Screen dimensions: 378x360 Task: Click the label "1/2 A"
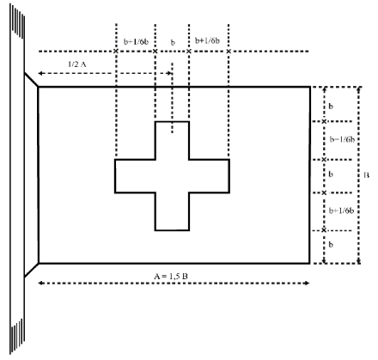pos(77,64)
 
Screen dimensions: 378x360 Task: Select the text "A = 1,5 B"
pos(171,277)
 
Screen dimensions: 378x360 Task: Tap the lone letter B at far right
pos(366,175)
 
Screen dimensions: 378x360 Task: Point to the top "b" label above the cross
pos(173,42)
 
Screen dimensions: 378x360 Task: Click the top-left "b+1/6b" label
pos(136,41)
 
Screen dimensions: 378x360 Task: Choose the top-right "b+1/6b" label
pos(208,40)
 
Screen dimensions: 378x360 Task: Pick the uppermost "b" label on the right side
pos(331,107)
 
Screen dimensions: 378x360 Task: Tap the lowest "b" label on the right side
pos(331,245)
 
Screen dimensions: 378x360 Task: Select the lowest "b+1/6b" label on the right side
pos(341,211)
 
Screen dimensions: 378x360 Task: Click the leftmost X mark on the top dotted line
pos(116,52)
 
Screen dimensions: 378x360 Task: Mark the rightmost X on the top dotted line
pos(229,52)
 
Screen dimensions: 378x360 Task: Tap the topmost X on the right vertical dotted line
pos(324,121)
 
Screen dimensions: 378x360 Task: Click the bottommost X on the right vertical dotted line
pos(324,230)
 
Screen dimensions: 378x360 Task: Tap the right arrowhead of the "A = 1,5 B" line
pos(308,284)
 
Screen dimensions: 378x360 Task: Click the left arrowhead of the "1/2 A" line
pos(40,73)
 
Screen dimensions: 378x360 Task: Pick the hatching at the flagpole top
pos(17,21)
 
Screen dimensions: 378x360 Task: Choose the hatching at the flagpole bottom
pos(17,337)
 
